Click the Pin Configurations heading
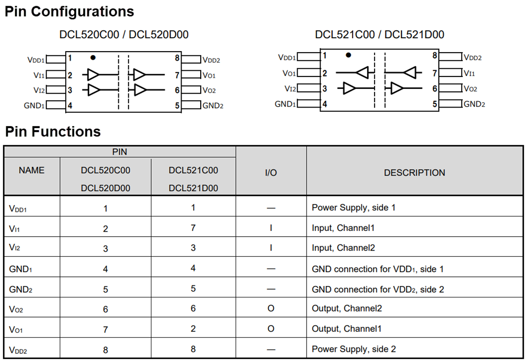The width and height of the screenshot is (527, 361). pos(69,11)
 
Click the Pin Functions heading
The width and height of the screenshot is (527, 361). pos(53,131)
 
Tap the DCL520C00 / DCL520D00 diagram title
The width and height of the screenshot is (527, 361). pos(124,34)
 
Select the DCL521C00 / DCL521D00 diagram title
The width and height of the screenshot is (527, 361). pos(379,34)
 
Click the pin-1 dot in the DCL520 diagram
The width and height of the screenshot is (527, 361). pos(93,57)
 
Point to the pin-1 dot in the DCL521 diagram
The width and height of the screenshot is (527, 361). pos(349,55)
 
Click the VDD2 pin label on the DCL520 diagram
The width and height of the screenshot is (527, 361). pos(211,60)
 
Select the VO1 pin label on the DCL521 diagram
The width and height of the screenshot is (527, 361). pos(289,74)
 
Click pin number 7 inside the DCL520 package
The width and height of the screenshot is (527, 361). pos(177,75)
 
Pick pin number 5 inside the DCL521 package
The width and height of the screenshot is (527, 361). pos(435,104)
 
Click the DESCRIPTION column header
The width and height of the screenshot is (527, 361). pos(414,173)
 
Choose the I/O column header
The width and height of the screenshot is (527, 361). pos(271,173)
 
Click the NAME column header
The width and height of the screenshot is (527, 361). pos(32,170)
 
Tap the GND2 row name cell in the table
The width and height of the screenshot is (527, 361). pos(21,289)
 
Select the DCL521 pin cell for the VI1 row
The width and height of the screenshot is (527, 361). pos(193,228)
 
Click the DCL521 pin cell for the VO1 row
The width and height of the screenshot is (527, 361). pos(193,329)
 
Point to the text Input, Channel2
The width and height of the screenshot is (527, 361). pos(343,248)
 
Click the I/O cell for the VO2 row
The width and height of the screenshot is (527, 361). pos(271,308)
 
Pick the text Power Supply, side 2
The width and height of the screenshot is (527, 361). pos(354,349)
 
